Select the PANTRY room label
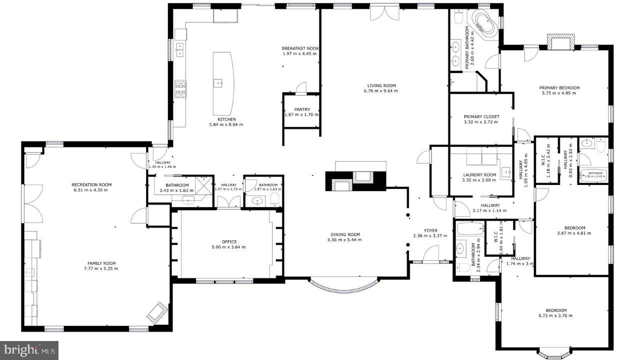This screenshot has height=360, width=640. (302, 109)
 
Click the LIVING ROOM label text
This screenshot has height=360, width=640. (381, 85)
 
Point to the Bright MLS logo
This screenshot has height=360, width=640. (29, 349)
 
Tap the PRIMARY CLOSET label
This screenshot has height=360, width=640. (481, 116)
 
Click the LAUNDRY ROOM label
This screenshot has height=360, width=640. (479, 174)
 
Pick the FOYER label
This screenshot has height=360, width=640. (430, 230)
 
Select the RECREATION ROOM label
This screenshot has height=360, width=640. (91, 184)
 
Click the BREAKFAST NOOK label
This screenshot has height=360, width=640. (300, 48)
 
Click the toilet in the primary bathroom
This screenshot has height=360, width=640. (458, 17)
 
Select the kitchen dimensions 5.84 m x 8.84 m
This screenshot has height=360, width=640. (226, 124)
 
